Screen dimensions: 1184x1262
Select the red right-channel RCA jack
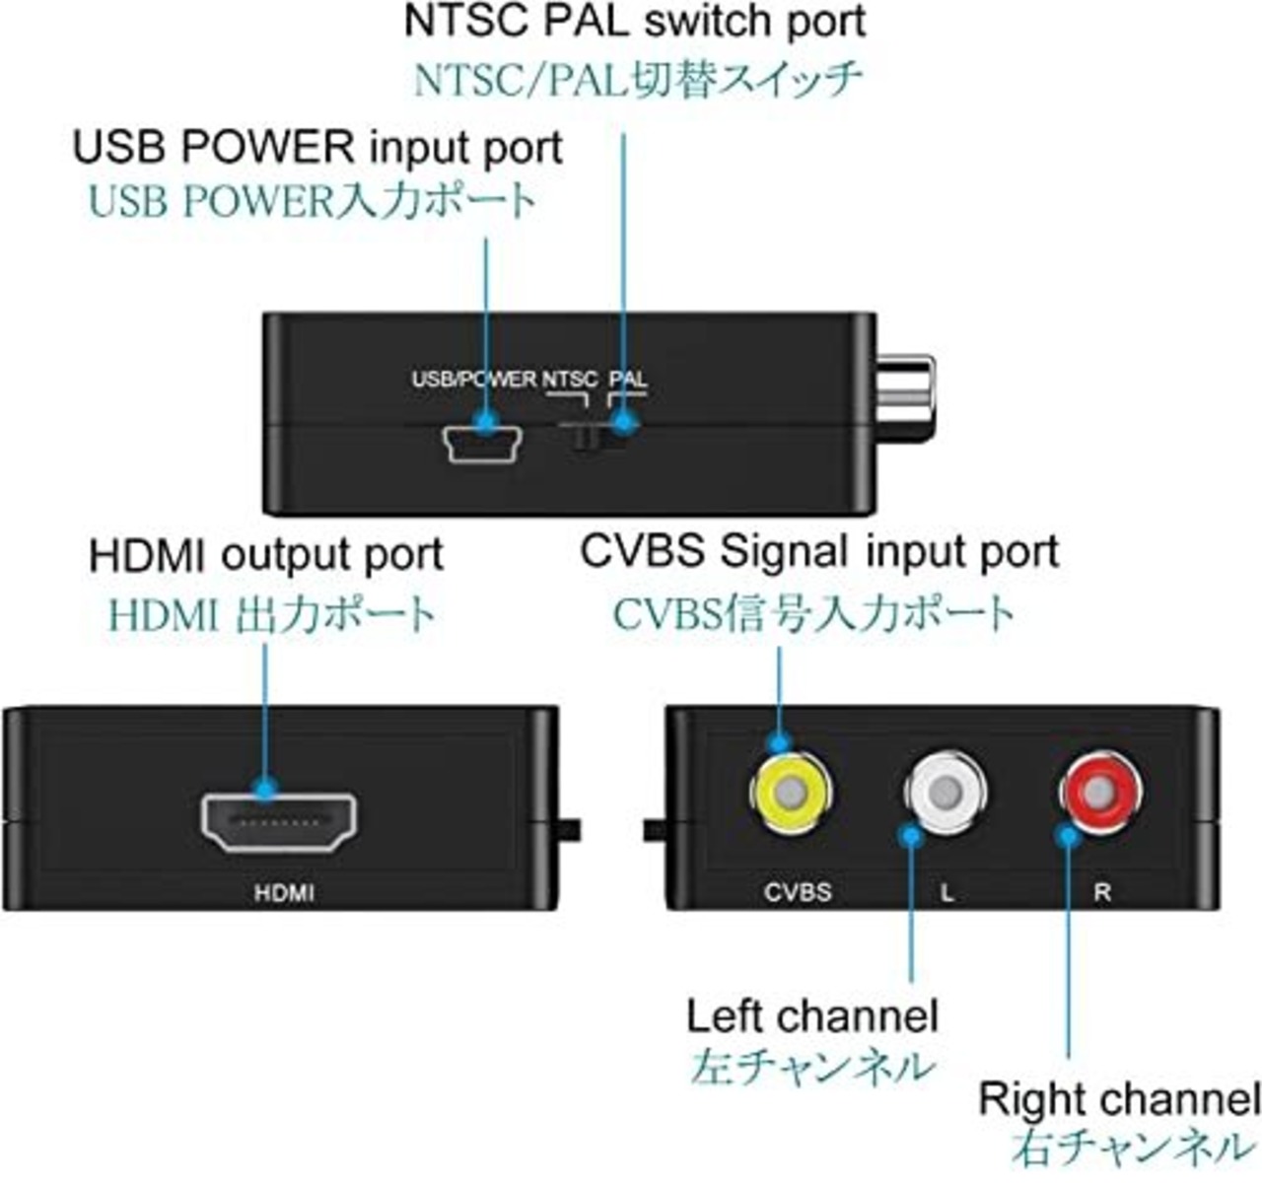pyautogui.click(x=1101, y=790)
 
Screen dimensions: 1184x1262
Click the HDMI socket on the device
pyautogui.click(x=279, y=821)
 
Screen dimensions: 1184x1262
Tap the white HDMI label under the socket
pyautogui.click(x=284, y=893)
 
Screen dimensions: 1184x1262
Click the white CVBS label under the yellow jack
pyautogui.click(x=798, y=892)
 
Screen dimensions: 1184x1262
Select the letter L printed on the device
pyautogui.click(x=946, y=893)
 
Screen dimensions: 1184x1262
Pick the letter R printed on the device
pyautogui.click(x=1102, y=892)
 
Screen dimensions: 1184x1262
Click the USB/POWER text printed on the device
pyautogui.click(x=473, y=380)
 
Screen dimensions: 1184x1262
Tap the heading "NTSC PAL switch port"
pyautogui.click(x=635, y=22)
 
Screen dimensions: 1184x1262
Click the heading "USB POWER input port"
pyautogui.click(x=317, y=148)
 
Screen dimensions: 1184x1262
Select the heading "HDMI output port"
pyautogui.click(x=266, y=555)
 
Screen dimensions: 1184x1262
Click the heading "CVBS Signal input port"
pyautogui.click(x=819, y=551)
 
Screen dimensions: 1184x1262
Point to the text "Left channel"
pyautogui.click(x=812, y=1016)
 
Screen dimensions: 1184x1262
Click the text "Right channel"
pyautogui.click(x=1119, y=1098)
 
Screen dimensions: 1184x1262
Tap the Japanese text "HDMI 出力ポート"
pyautogui.click(x=271, y=614)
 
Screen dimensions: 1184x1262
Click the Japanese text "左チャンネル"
pyautogui.click(x=810, y=1067)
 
